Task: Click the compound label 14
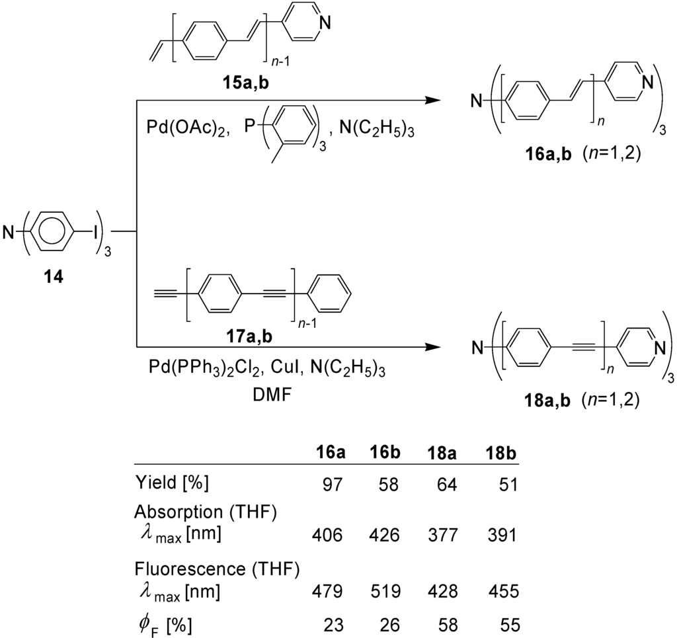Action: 54,277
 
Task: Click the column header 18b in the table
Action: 499,456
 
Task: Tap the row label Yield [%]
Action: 171,483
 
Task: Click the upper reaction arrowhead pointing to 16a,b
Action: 432,101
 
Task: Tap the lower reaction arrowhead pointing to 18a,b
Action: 432,346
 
